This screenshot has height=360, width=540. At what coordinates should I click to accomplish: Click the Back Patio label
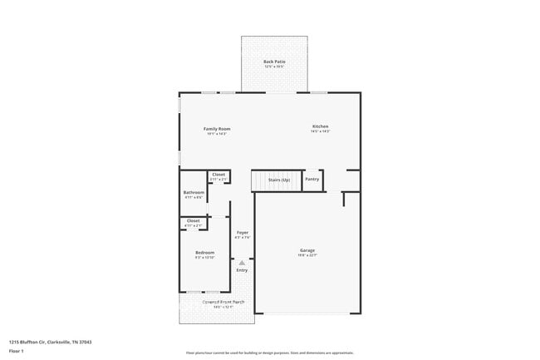274,62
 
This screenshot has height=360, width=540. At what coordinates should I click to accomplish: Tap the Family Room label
218,129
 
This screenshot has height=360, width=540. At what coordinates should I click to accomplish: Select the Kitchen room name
320,126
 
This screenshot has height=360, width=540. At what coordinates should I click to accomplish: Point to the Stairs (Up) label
278,179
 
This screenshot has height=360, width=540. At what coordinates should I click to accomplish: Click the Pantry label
312,179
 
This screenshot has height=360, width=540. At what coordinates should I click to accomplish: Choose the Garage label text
307,250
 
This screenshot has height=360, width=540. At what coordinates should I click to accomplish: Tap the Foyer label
242,233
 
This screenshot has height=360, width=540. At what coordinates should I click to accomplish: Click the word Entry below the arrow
242,270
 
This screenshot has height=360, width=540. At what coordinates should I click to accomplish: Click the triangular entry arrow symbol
242,262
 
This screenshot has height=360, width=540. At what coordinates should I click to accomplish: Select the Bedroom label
204,252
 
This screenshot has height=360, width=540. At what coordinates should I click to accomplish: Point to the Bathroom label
194,193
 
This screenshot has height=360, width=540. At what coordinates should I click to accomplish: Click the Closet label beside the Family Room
218,175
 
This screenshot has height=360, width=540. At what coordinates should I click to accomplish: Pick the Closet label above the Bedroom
193,220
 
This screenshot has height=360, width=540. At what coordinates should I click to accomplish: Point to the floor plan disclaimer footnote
269,353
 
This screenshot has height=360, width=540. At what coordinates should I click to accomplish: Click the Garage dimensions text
307,256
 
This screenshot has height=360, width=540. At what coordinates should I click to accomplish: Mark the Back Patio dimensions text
274,67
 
